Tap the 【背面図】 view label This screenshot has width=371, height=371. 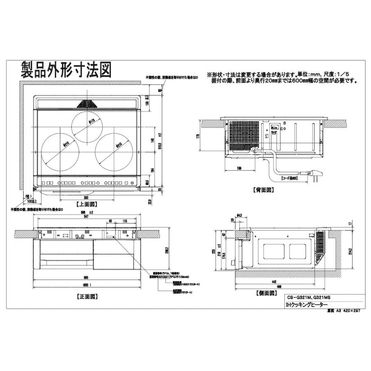tap(263, 190)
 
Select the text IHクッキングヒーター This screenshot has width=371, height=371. tap(305, 305)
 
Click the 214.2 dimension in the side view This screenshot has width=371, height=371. tap(350, 252)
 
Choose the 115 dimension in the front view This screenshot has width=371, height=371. tap(124, 221)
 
